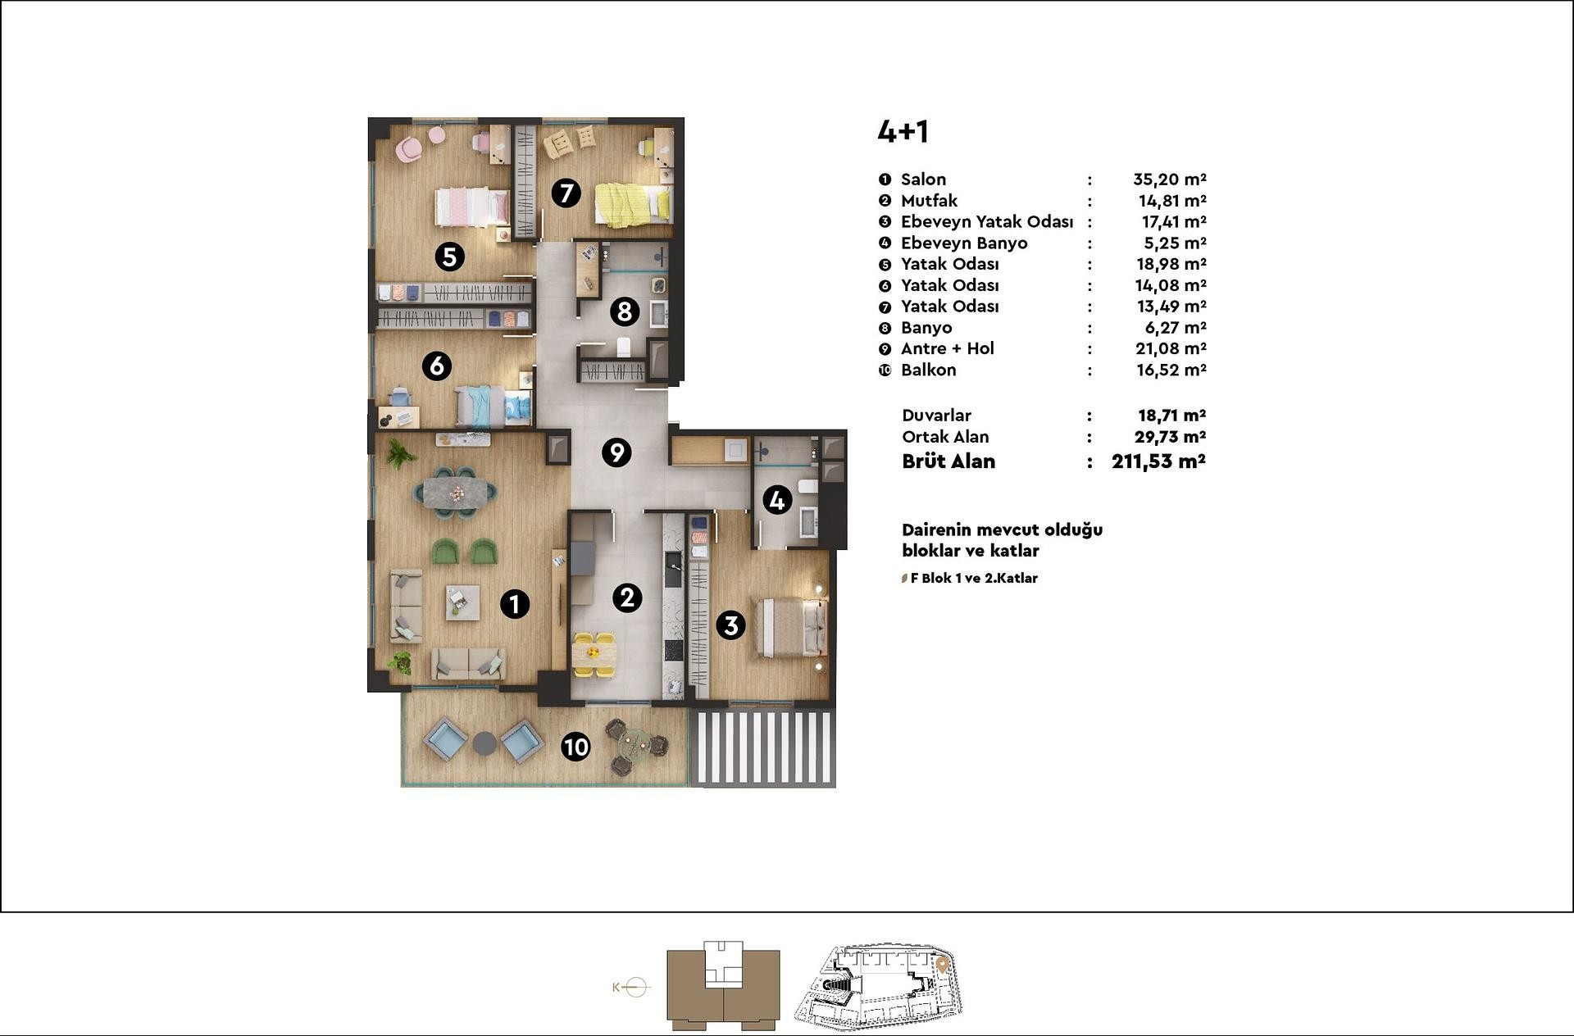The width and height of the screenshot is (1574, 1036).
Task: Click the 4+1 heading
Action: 903,132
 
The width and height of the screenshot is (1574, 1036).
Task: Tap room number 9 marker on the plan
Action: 616,452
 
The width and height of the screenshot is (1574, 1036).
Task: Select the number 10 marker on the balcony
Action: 575,747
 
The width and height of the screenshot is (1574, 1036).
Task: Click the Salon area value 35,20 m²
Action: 1169,179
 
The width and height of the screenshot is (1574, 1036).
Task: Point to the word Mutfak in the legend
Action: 929,201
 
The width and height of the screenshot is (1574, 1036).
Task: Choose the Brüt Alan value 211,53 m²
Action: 1158,461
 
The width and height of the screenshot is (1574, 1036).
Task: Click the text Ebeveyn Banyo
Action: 964,243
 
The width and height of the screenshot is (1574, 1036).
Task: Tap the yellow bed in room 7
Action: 633,204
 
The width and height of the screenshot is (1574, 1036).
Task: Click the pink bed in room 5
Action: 471,207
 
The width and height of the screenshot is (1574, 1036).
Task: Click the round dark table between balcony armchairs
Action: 484,743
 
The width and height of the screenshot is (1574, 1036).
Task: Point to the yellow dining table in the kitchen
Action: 593,653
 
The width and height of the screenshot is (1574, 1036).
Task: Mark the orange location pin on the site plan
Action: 943,966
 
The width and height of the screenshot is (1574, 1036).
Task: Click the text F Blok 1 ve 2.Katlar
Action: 974,578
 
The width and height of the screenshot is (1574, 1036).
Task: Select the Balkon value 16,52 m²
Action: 1171,370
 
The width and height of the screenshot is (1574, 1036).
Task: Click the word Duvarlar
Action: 936,416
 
